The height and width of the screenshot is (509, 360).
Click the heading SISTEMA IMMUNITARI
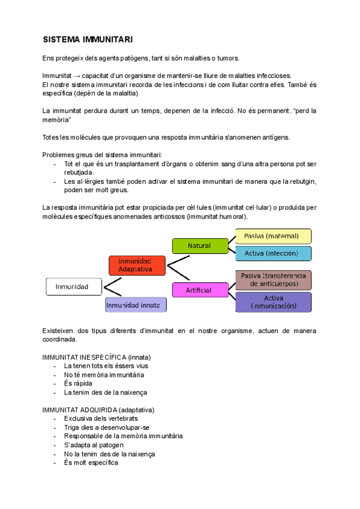[x=88, y=40]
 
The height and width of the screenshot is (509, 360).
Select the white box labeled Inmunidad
[x=73, y=287]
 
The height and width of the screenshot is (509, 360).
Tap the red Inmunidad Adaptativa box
[x=137, y=265]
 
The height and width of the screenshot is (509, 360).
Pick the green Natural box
[x=200, y=246]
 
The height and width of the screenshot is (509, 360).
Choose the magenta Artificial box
[x=199, y=290]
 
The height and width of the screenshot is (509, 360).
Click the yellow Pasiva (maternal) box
[x=274, y=236]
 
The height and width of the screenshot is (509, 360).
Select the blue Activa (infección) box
[x=274, y=253]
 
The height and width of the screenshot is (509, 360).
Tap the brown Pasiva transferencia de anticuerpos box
[x=274, y=279]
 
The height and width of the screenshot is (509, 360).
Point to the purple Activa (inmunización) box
[x=274, y=302]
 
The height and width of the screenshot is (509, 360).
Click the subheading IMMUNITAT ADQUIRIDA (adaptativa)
[x=98, y=409]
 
